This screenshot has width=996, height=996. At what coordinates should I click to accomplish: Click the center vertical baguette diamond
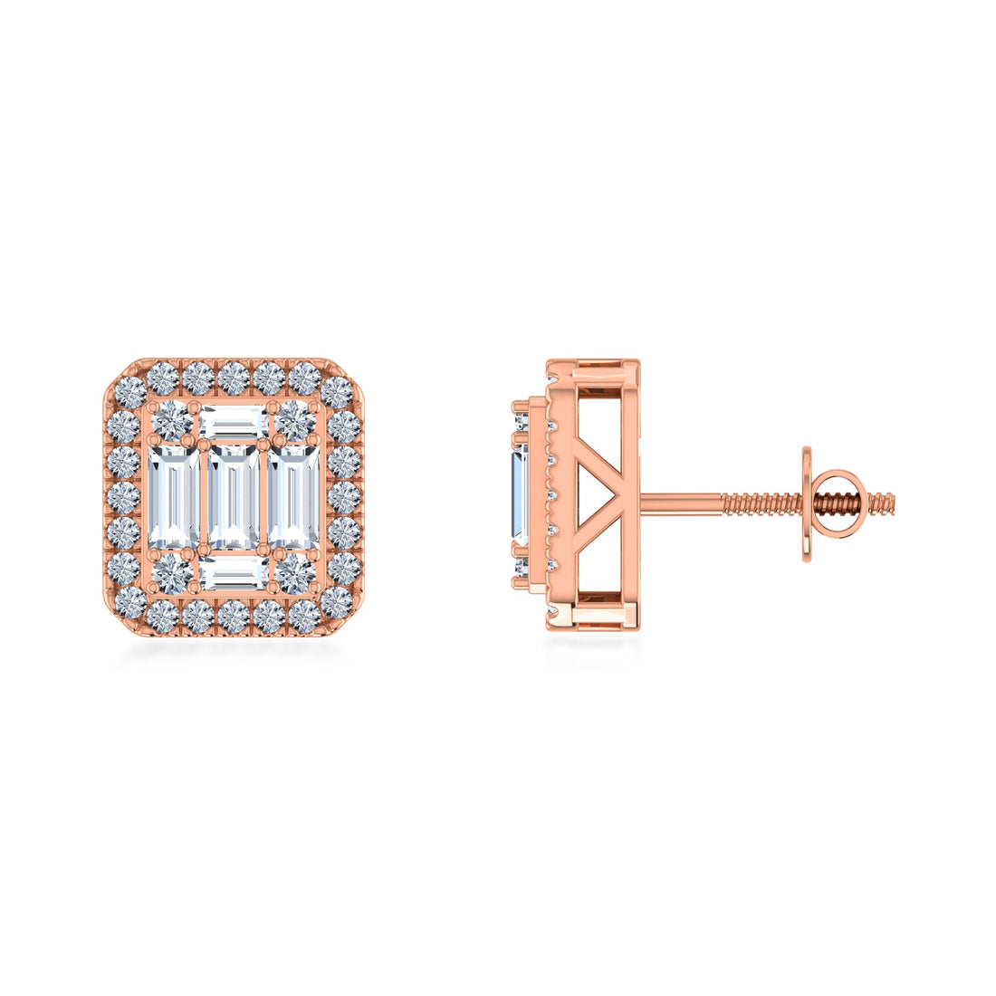(233, 497)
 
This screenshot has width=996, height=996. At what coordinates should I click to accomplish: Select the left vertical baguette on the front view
(173, 497)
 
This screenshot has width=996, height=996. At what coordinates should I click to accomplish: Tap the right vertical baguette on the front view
(292, 497)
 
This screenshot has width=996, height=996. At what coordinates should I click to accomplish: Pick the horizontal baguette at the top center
(233, 422)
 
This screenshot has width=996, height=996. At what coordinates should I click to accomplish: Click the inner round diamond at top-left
(172, 421)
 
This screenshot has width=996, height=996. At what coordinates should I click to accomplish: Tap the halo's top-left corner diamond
(128, 393)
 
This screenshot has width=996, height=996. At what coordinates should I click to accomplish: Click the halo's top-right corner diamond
(337, 393)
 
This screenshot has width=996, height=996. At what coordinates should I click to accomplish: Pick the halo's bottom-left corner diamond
(128, 601)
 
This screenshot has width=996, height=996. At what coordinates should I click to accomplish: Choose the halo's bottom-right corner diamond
(337, 601)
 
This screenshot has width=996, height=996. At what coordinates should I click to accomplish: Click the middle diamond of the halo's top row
(233, 377)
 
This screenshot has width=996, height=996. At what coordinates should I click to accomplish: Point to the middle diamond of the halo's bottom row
(233, 617)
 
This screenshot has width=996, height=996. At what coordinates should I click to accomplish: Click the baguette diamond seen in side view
(520, 497)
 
